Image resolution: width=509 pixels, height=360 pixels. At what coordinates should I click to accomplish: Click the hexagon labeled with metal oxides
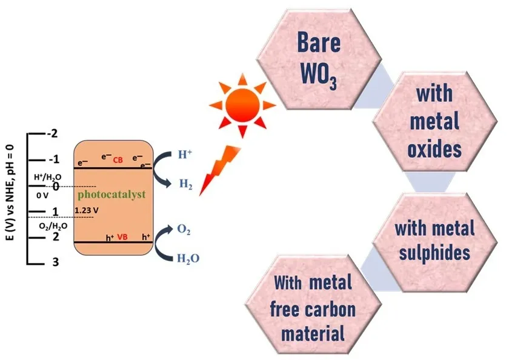click(434, 121)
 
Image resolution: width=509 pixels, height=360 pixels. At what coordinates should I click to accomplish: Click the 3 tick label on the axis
click(55, 262)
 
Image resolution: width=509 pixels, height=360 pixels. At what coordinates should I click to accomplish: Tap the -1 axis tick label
click(53, 159)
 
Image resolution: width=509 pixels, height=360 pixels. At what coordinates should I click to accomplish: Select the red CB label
click(118, 159)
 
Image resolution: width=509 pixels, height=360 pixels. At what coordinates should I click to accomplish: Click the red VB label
click(122, 238)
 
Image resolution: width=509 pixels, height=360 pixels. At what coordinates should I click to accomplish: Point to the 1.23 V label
click(86, 210)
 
